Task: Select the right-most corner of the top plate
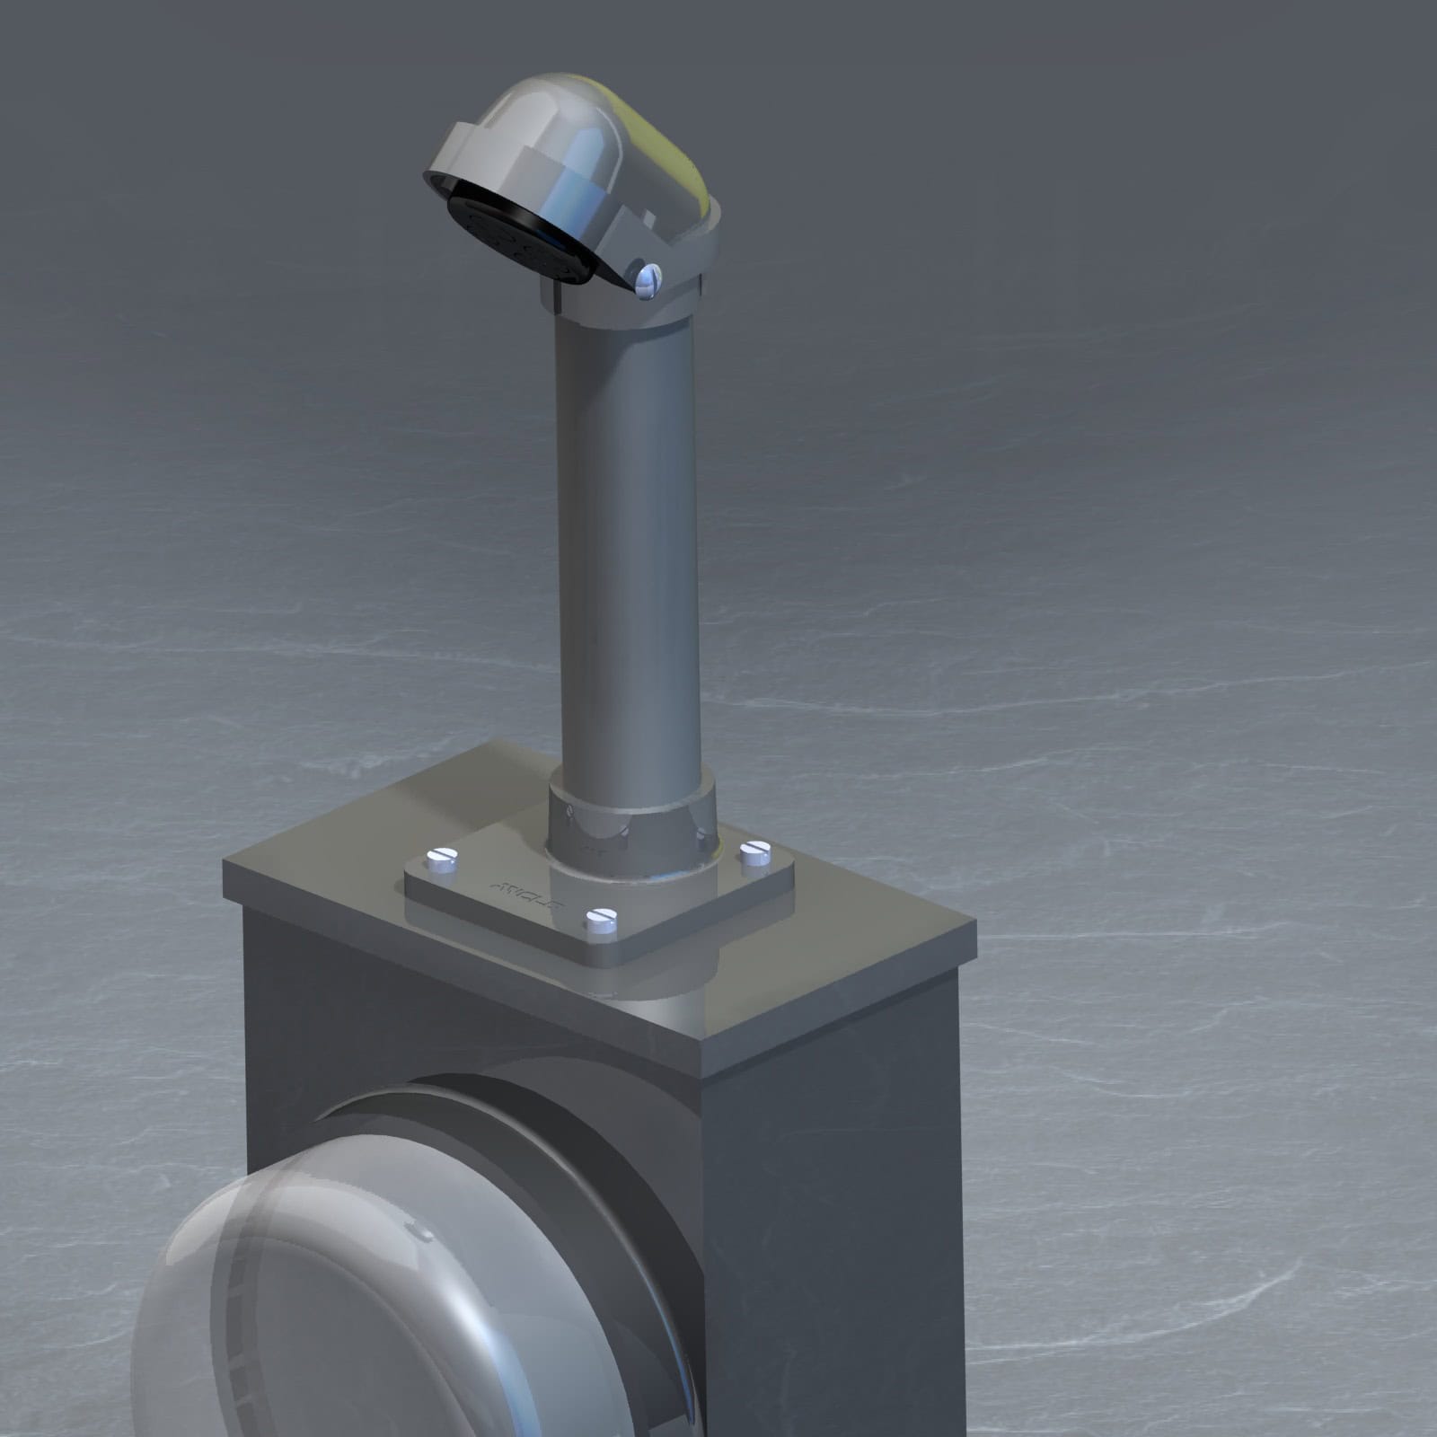pos(975,923)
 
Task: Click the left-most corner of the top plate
pos(225,860)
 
